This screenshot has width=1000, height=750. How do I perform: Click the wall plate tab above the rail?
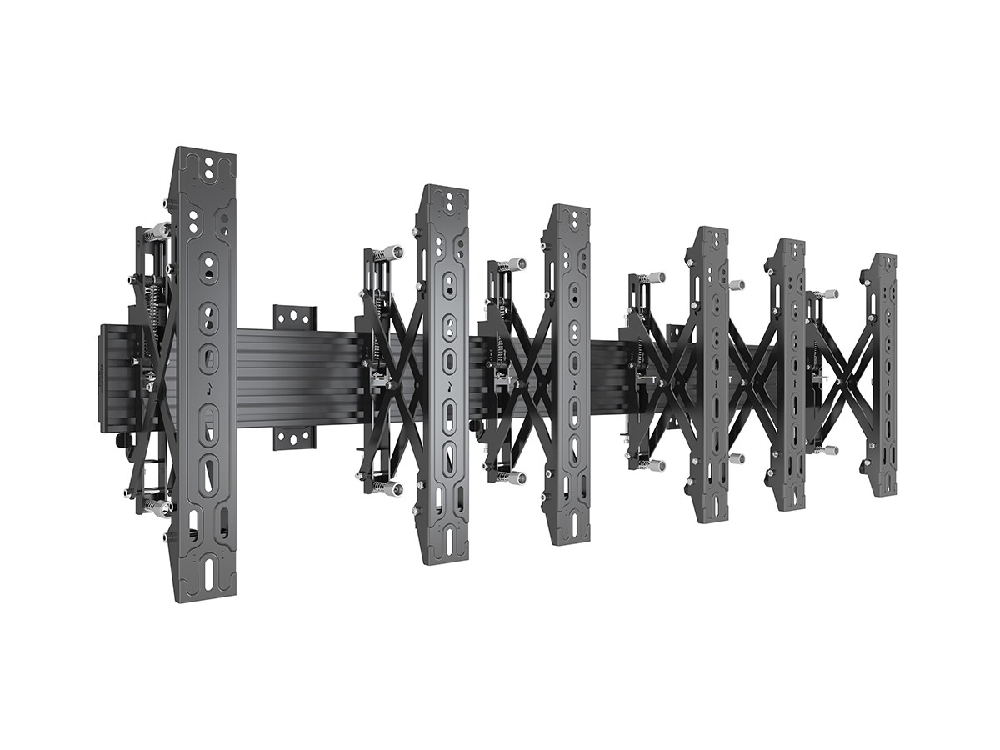[x=295, y=317]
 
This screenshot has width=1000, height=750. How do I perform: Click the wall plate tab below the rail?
[x=295, y=437]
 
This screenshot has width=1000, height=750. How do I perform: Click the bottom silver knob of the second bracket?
[x=391, y=488]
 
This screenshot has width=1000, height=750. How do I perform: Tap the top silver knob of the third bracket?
[x=514, y=264]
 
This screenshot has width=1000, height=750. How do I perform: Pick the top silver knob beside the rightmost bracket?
[x=829, y=294]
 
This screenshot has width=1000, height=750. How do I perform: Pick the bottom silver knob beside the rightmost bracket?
[x=829, y=450]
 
